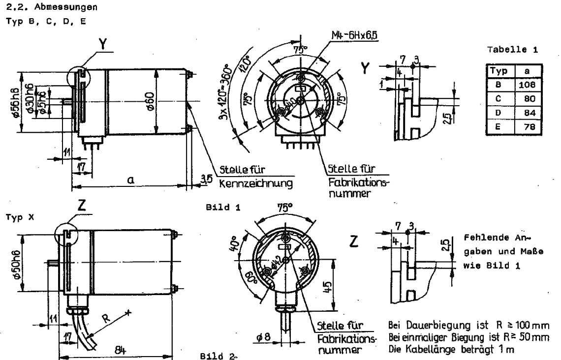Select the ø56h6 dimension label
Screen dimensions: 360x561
click(17, 103)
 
